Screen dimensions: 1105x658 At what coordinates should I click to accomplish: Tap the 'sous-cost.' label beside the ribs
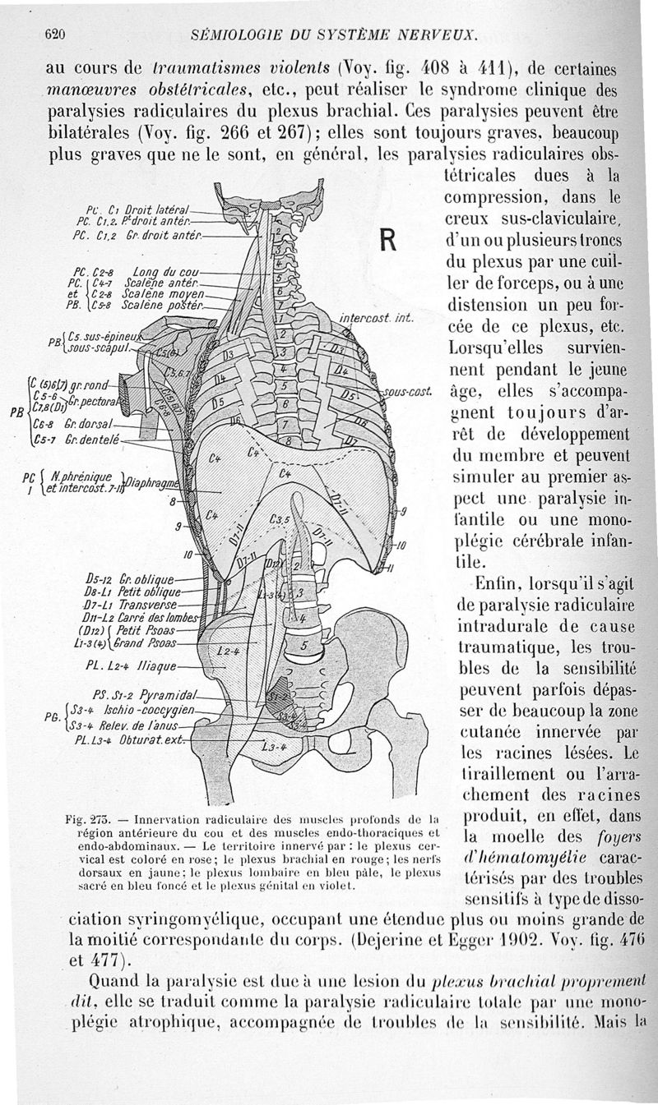[x=406, y=393]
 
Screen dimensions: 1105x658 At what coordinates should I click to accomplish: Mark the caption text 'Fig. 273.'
[x=87, y=819]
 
